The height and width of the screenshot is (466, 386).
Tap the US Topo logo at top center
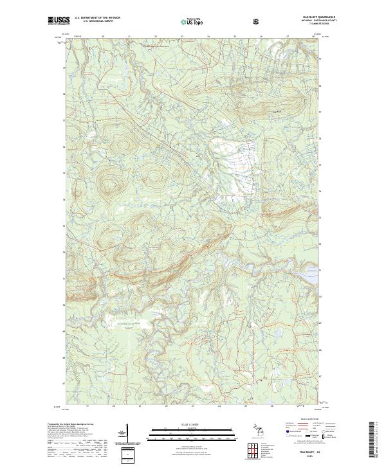(x=189, y=21)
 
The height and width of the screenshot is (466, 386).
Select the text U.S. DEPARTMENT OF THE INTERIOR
(x=97, y=19)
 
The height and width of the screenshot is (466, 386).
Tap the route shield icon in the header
(x=257, y=21)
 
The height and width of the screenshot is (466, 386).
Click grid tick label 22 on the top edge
(x=156, y=37)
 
